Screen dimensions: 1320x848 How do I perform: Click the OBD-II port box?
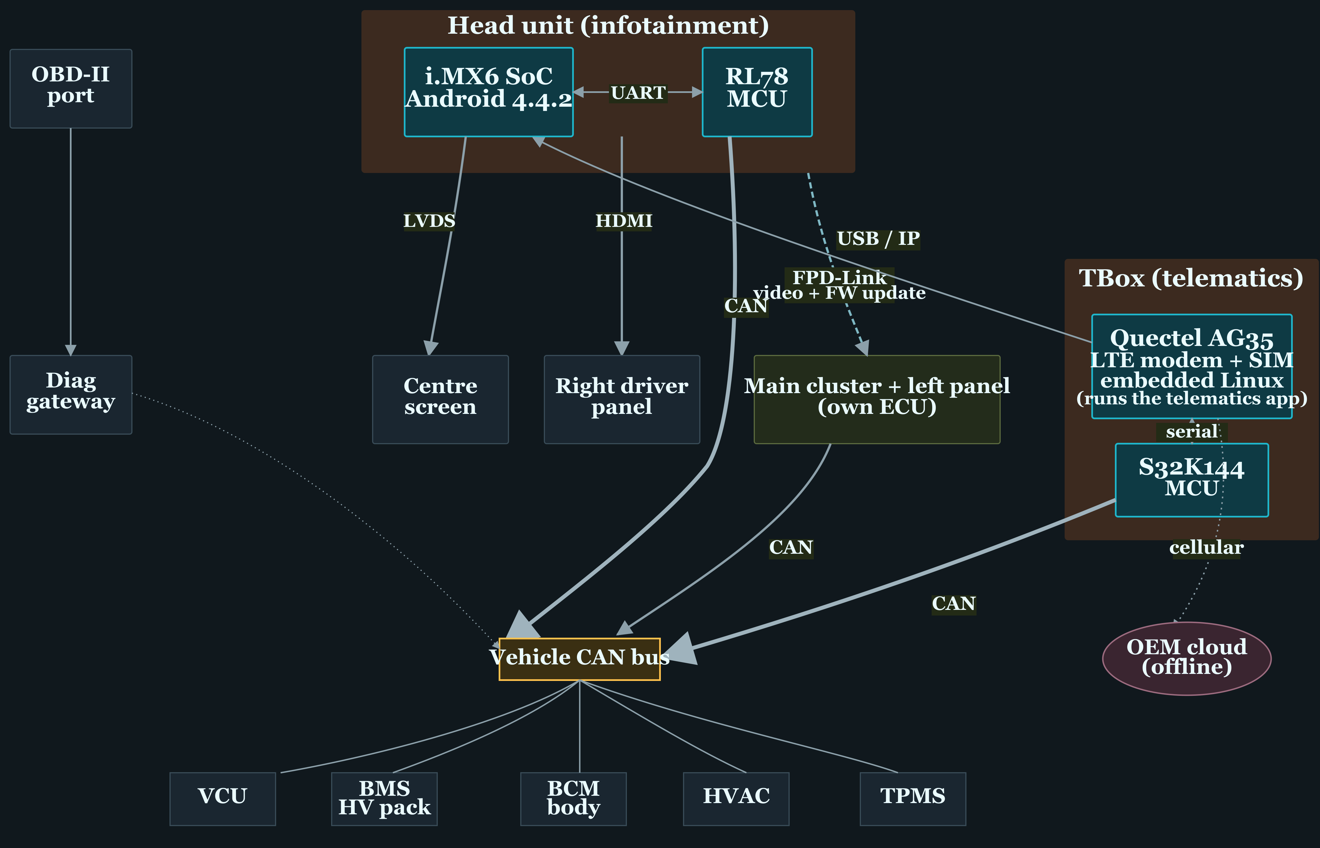point(71,89)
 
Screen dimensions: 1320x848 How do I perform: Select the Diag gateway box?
point(71,395)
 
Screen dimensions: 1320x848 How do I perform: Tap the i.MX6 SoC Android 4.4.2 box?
point(489,92)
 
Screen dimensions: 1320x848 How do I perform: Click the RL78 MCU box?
point(757,92)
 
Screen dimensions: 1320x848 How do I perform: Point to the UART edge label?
point(638,92)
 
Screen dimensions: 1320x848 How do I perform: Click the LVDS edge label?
point(429,221)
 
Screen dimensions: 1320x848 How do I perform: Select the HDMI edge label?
point(624,221)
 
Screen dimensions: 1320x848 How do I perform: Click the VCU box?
point(223,799)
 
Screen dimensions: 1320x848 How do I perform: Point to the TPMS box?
point(913,799)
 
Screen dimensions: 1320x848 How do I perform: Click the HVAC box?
point(736,799)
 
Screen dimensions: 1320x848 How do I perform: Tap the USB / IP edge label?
point(878,239)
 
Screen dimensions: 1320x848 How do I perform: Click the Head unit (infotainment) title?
point(608,25)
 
